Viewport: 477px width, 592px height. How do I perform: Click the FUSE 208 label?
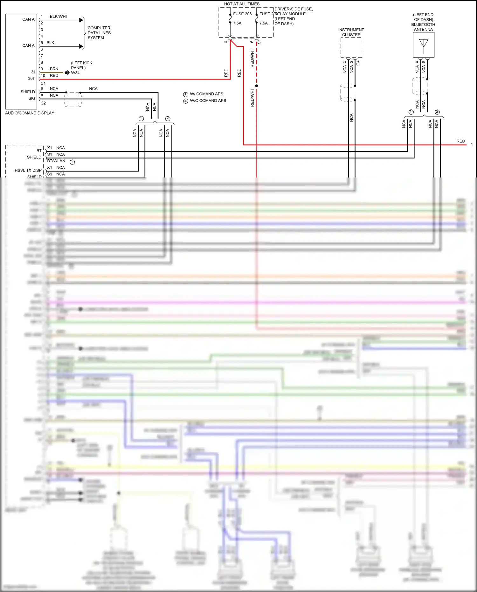click(x=242, y=14)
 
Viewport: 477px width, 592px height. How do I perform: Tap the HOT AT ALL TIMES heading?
click(x=242, y=4)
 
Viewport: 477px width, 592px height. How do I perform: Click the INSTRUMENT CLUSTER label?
click(x=351, y=32)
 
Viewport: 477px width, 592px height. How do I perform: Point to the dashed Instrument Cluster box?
click(x=351, y=48)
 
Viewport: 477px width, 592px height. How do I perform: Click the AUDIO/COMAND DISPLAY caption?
click(x=30, y=113)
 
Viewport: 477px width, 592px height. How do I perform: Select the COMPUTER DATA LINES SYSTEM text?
click(x=99, y=33)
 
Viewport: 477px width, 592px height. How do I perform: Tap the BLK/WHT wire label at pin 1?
click(x=59, y=17)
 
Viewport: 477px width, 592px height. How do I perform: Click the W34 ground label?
click(x=75, y=73)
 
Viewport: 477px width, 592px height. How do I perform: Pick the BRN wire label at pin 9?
click(x=54, y=69)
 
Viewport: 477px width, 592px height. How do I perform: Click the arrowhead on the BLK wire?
click(x=81, y=46)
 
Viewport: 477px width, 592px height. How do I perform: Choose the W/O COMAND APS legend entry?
click(x=208, y=101)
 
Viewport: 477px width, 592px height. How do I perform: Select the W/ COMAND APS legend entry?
click(x=206, y=94)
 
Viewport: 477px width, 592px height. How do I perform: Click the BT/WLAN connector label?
click(x=56, y=161)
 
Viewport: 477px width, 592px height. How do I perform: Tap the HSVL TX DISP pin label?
click(x=28, y=171)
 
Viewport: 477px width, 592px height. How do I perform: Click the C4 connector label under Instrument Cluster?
click(x=358, y=63)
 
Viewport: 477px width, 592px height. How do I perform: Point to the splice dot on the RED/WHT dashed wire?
click(x=257, y=86)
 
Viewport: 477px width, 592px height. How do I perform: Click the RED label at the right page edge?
click(x=460, y=141)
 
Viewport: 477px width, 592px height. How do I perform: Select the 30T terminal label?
click(x=31, y=79)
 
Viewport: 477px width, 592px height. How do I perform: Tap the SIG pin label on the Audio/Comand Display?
click(x=32, y=99)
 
